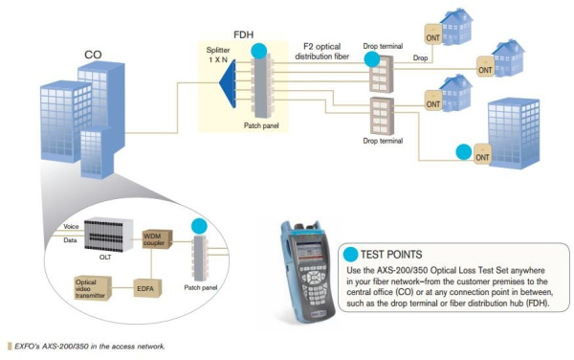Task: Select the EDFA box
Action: [x=144, y=284]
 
